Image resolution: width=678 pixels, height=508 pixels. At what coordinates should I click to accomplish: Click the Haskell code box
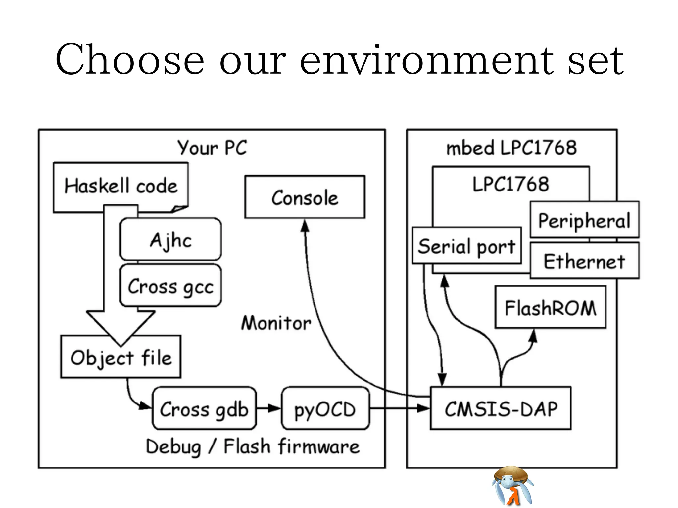tap(121, 186)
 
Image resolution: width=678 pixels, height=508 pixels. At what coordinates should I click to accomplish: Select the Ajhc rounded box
tap(170, 239)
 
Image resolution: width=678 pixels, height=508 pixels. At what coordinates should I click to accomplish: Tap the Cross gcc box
tap(170, 286)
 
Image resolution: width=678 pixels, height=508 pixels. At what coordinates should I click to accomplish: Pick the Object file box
tap(121, 357)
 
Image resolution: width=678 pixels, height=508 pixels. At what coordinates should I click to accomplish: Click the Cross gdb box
tap(204, 409)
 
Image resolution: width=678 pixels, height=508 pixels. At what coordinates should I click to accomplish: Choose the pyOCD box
tap(325, 409)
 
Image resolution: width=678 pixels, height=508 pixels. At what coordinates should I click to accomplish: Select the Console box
tap(305, 197)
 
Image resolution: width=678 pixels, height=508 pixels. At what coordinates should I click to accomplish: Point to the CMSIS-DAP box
tap(501, 409)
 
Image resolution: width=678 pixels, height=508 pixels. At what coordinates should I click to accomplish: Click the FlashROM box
tap(550, 308)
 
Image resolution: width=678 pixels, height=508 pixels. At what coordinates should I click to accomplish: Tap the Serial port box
tap(467, 246)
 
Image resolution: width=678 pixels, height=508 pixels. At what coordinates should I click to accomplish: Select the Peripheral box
tap(584, 220)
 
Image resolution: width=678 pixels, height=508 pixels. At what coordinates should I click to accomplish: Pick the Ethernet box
tap(584, 261)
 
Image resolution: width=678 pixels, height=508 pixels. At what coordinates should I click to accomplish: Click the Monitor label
tap(276, 323)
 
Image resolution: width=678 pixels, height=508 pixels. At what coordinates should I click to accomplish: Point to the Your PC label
tap(212, 148)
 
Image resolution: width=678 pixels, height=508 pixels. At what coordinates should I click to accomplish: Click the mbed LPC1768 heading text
tap(511, 148)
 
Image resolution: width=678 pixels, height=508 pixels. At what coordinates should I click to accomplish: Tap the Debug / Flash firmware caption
tap(253, 447)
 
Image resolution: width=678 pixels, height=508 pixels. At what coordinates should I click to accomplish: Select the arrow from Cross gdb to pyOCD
tap(268, 408)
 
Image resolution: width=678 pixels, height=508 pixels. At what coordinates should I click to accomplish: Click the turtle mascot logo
tap(512, 486)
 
